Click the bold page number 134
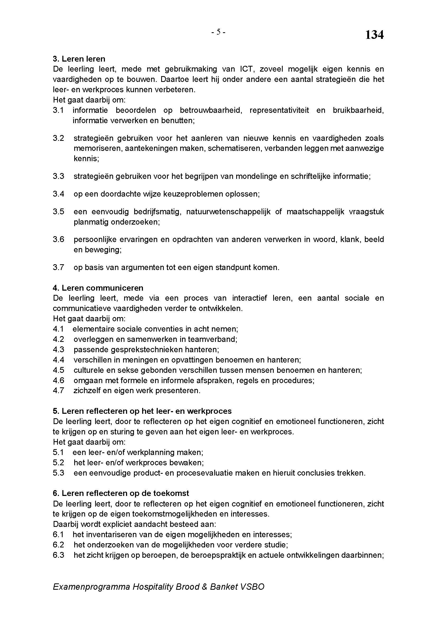tap(374, 35)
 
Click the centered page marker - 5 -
tap(218, 32)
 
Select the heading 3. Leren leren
tap(79, 59)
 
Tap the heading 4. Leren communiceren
tap(98, 288)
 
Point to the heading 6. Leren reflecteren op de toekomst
tap(121, 493)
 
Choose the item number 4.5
tap(58, 370)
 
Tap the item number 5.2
tap(58, 463)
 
